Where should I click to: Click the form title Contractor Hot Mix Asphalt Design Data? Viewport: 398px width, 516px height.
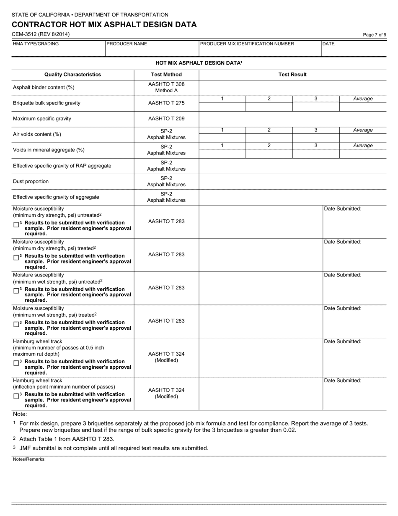[104, 25]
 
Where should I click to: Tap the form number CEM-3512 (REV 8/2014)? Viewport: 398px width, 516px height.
[41, 34]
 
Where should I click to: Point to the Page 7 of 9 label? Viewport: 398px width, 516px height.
[375, 35]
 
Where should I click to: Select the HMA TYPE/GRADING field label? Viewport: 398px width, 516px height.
[36, 44]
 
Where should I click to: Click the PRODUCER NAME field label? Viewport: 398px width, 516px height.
[127, 44]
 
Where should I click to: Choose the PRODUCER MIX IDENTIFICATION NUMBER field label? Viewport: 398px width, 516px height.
[247, 44]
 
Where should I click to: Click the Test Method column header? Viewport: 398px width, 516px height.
[166, 75]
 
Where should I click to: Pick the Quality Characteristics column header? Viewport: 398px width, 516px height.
[72, 75]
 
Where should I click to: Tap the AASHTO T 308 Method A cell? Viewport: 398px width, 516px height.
[166, 87]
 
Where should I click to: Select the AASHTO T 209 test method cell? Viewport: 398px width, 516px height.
[166, 119]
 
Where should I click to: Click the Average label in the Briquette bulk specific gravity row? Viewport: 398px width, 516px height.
[363, 99]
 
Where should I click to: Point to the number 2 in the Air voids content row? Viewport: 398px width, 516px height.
[269, 130]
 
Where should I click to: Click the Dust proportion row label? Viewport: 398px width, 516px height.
[31, 182]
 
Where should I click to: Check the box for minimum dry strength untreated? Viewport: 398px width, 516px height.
[16, 224]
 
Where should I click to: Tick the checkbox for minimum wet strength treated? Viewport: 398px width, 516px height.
[16, 324]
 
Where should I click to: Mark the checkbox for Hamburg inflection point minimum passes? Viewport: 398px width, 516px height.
[16, 396]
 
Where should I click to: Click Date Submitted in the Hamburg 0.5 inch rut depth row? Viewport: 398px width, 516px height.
[343, 341]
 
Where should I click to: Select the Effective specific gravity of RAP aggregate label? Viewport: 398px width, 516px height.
[62, 166]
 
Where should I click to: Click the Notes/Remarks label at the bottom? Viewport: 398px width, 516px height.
[29, 459]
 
